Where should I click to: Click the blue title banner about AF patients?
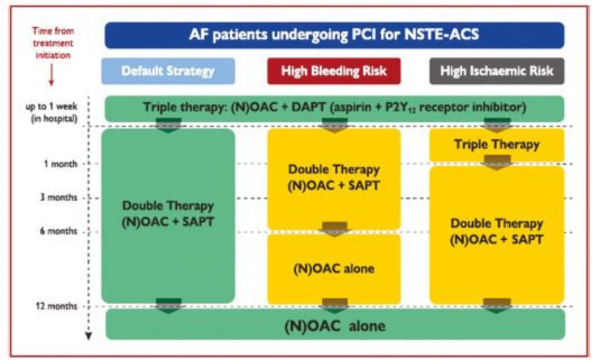(334, 36)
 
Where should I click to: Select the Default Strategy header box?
(168, 71)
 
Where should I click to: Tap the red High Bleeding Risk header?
(334, 71)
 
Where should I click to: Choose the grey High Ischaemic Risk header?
(497, 71)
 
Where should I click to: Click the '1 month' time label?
(61, 164)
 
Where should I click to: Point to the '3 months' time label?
(59, 198)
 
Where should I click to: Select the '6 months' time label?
(59, 231)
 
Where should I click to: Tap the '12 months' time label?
(57, 306)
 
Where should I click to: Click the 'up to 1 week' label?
(51, 107)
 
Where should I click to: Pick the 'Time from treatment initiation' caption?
(53, 43)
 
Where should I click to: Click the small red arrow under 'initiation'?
(51, 75)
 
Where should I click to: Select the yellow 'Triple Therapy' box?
(497, 145)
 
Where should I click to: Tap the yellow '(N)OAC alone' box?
(334, 269)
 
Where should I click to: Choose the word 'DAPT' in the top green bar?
(308, 107)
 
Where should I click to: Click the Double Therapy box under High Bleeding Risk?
(334, 179)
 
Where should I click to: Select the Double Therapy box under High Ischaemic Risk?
(497, 235)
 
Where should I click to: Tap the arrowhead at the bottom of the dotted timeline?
(89, 336)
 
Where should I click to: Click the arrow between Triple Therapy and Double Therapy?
(497, 162)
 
